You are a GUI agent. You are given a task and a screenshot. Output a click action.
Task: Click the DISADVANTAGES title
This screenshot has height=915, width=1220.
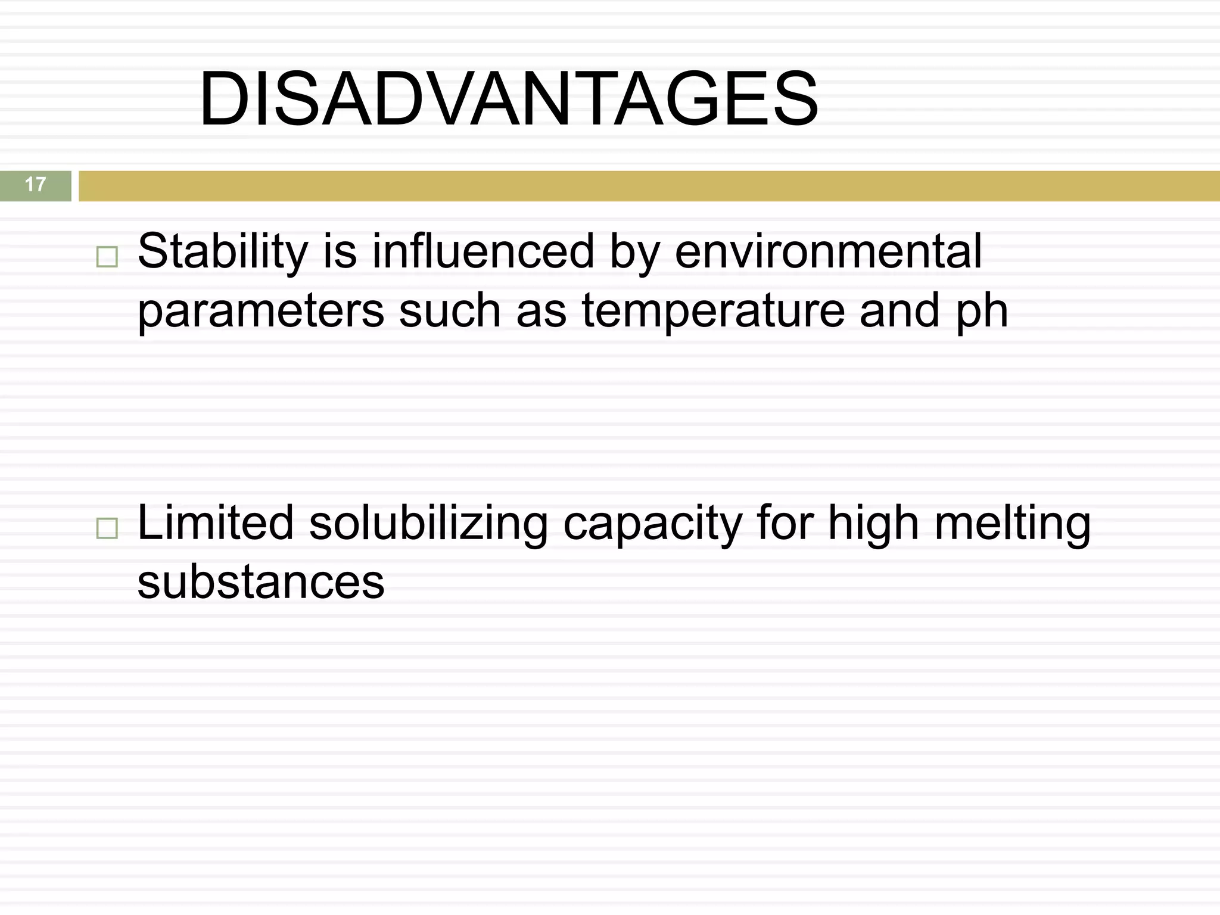coord(509,99)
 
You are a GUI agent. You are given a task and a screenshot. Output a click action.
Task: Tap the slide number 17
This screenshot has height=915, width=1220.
coord(35,185)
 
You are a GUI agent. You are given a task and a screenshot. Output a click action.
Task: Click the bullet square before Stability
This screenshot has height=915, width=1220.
coord(107,257)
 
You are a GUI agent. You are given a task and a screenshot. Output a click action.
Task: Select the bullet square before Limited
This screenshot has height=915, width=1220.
coord(107,528)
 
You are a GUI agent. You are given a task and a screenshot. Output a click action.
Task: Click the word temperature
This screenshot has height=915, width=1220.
coord(713,311)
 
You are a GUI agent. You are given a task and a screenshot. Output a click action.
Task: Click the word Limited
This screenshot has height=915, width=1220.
coord(216,523)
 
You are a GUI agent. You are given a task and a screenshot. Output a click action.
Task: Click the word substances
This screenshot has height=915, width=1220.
coord(261,583)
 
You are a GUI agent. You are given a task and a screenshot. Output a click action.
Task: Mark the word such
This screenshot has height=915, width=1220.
coord(450,311)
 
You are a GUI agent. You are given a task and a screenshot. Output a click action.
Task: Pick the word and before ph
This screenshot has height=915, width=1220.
coord(900,311)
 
